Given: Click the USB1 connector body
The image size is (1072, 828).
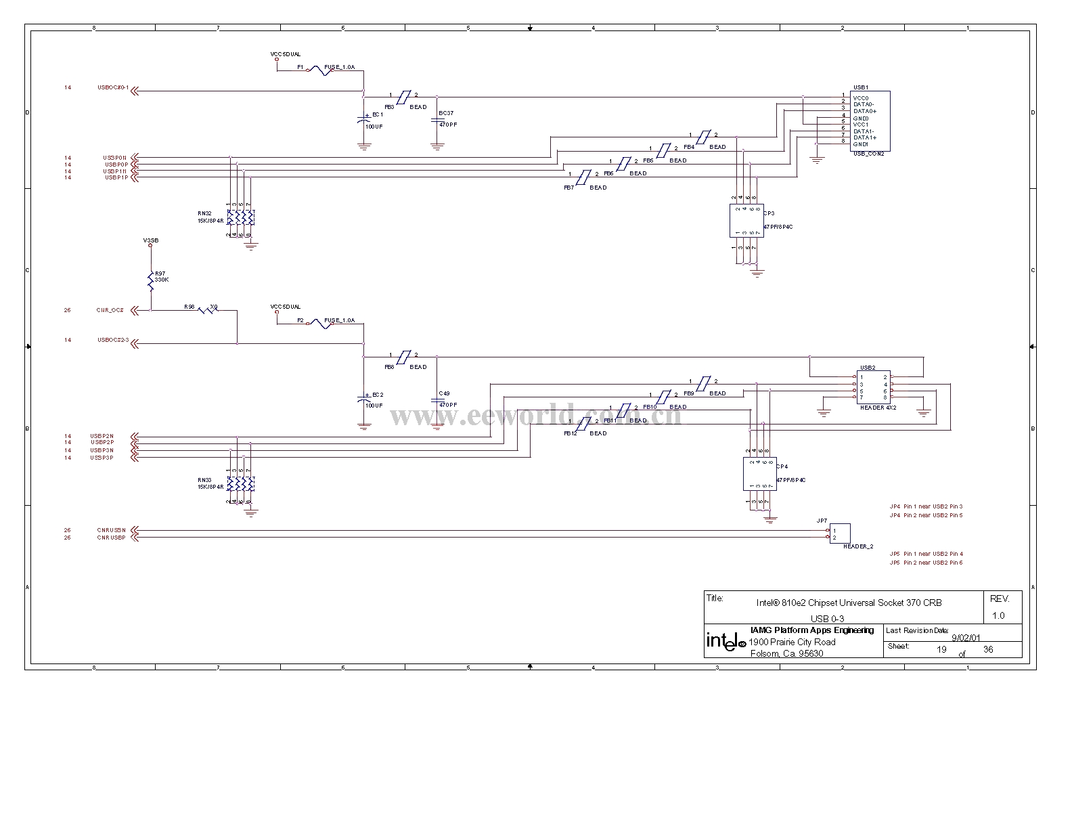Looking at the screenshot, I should click(x=870, y=121).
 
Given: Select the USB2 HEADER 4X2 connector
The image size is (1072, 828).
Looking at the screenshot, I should click(x=874, y=387).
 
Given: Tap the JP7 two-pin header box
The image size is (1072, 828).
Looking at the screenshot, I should click(x=840, y=533).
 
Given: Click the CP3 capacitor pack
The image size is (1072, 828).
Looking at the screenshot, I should click(x=746, y=220).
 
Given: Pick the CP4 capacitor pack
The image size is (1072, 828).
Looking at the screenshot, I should click(x=759, y=474).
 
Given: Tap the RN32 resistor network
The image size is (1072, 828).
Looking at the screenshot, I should click(x=241, y=218).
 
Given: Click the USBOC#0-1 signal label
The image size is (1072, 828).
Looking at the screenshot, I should click(x=113, y=87).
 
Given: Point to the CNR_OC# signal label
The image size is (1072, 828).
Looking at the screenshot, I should click(x=110, y=310).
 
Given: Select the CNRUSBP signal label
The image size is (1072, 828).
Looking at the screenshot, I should click(x=111, y=538).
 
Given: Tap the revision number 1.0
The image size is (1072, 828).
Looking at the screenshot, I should click(x=998, y=615).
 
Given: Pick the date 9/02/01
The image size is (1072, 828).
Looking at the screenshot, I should click(x=966, y=637).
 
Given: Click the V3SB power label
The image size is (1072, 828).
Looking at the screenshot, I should click(x=151, y=240).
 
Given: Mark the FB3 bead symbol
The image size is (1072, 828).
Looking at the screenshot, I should click(x=402, y=98).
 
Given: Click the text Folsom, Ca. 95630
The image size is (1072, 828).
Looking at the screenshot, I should click(x=786, y=653).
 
